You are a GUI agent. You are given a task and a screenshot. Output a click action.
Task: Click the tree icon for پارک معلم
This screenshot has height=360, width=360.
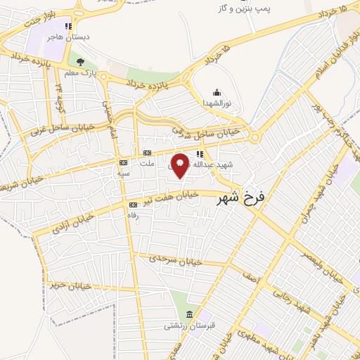click(x=80, y=62)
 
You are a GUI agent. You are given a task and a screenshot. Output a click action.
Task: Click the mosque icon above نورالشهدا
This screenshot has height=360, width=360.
click(x=217, y=91)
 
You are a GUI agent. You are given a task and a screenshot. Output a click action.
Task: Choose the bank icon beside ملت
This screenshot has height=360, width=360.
click(x=147, y=153)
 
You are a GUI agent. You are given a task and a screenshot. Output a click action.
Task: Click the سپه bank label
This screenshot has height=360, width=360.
click(x=124, y=172)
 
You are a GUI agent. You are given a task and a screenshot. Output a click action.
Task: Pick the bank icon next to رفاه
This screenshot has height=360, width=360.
click(x=133, y=205)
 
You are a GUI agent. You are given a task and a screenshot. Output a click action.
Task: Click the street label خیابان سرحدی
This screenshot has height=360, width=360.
click(x=174, y=261)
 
